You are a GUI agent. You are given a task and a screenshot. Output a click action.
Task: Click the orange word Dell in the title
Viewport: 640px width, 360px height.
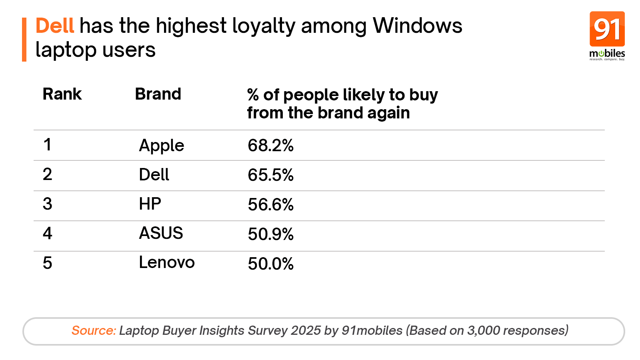pyautogui.click(x=55, y=26)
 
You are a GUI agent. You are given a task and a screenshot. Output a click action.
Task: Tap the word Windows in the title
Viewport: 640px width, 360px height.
pyautogui.click(x=417, y=26)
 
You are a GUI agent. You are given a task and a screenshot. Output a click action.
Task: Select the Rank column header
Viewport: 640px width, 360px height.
pyautogui.click(x=62, y=94)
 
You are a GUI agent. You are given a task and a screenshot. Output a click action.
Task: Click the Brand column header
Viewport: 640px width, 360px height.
pyautogui.click(x=158, y=94)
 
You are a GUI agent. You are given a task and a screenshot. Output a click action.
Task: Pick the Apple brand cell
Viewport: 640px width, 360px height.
pyautogui.click(x=161, y=146)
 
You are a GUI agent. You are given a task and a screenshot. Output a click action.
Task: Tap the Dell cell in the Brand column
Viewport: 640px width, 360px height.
pyautogui.click(x=154, y=175)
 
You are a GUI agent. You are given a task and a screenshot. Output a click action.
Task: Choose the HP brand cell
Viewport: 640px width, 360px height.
pyautogui.click(x=150, y=204)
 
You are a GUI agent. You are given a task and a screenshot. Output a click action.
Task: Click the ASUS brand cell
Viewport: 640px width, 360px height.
pyautogui.click(x=161, y=233)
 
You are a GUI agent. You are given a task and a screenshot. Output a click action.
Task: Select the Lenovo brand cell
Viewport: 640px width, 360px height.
pyautogui.click(x=166, y=263)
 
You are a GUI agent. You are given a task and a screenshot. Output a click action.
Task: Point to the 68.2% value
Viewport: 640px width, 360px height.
pyautogui.click(x=270, y=146)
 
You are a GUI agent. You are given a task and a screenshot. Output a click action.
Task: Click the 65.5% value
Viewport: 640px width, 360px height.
pyautogui.click(x=270, y=175)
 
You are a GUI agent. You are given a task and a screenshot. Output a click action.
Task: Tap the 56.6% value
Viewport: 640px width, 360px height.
pyautogui.click(x=270, y=205)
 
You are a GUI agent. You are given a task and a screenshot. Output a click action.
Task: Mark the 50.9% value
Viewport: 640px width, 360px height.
pyautogui.click(x=270, y=234)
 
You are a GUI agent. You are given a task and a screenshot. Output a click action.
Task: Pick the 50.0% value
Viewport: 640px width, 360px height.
pyautogui.click(x=270, y=264)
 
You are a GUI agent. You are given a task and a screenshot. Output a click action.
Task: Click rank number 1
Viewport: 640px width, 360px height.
pyautogui.click(x=48, y=145)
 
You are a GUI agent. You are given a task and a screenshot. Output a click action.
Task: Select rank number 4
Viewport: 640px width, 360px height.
pyautogui.click(x=48, y=234)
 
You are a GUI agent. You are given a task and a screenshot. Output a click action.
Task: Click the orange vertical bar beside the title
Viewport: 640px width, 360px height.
pyautogui.click(x=24, y=39)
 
